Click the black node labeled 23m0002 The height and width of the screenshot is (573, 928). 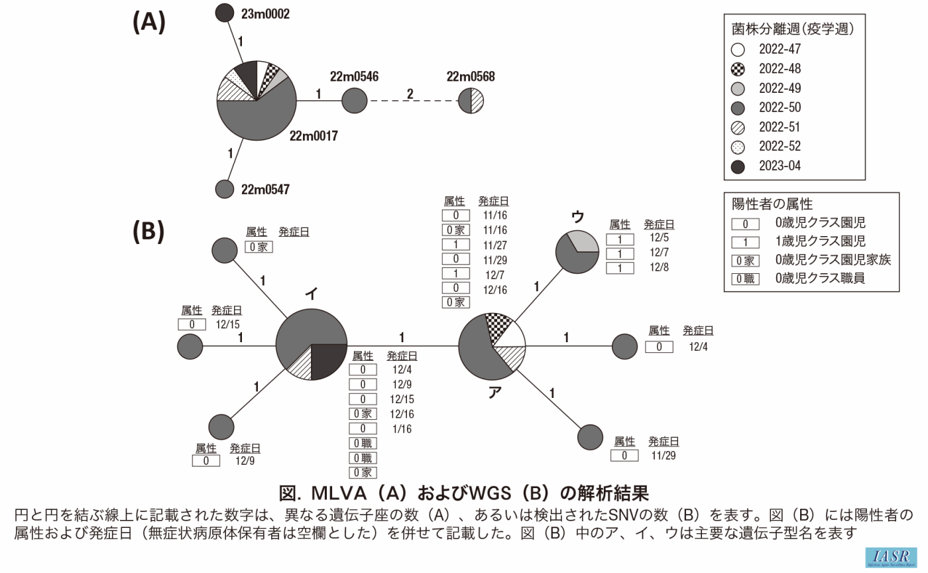tap(225, 13)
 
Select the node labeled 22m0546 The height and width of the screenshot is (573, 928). tap(355, 101)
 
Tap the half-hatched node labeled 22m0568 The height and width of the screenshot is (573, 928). tap(471, 101)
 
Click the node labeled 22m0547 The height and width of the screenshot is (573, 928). tap(226, 189)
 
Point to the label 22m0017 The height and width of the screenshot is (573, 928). tap(314, 137)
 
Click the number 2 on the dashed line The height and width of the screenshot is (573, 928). tap(410, 94)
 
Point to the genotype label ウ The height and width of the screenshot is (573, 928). tap(577, 217)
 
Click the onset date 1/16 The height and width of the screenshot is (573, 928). tap(401, 429)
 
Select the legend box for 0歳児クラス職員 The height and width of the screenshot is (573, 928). tap(746, 279)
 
